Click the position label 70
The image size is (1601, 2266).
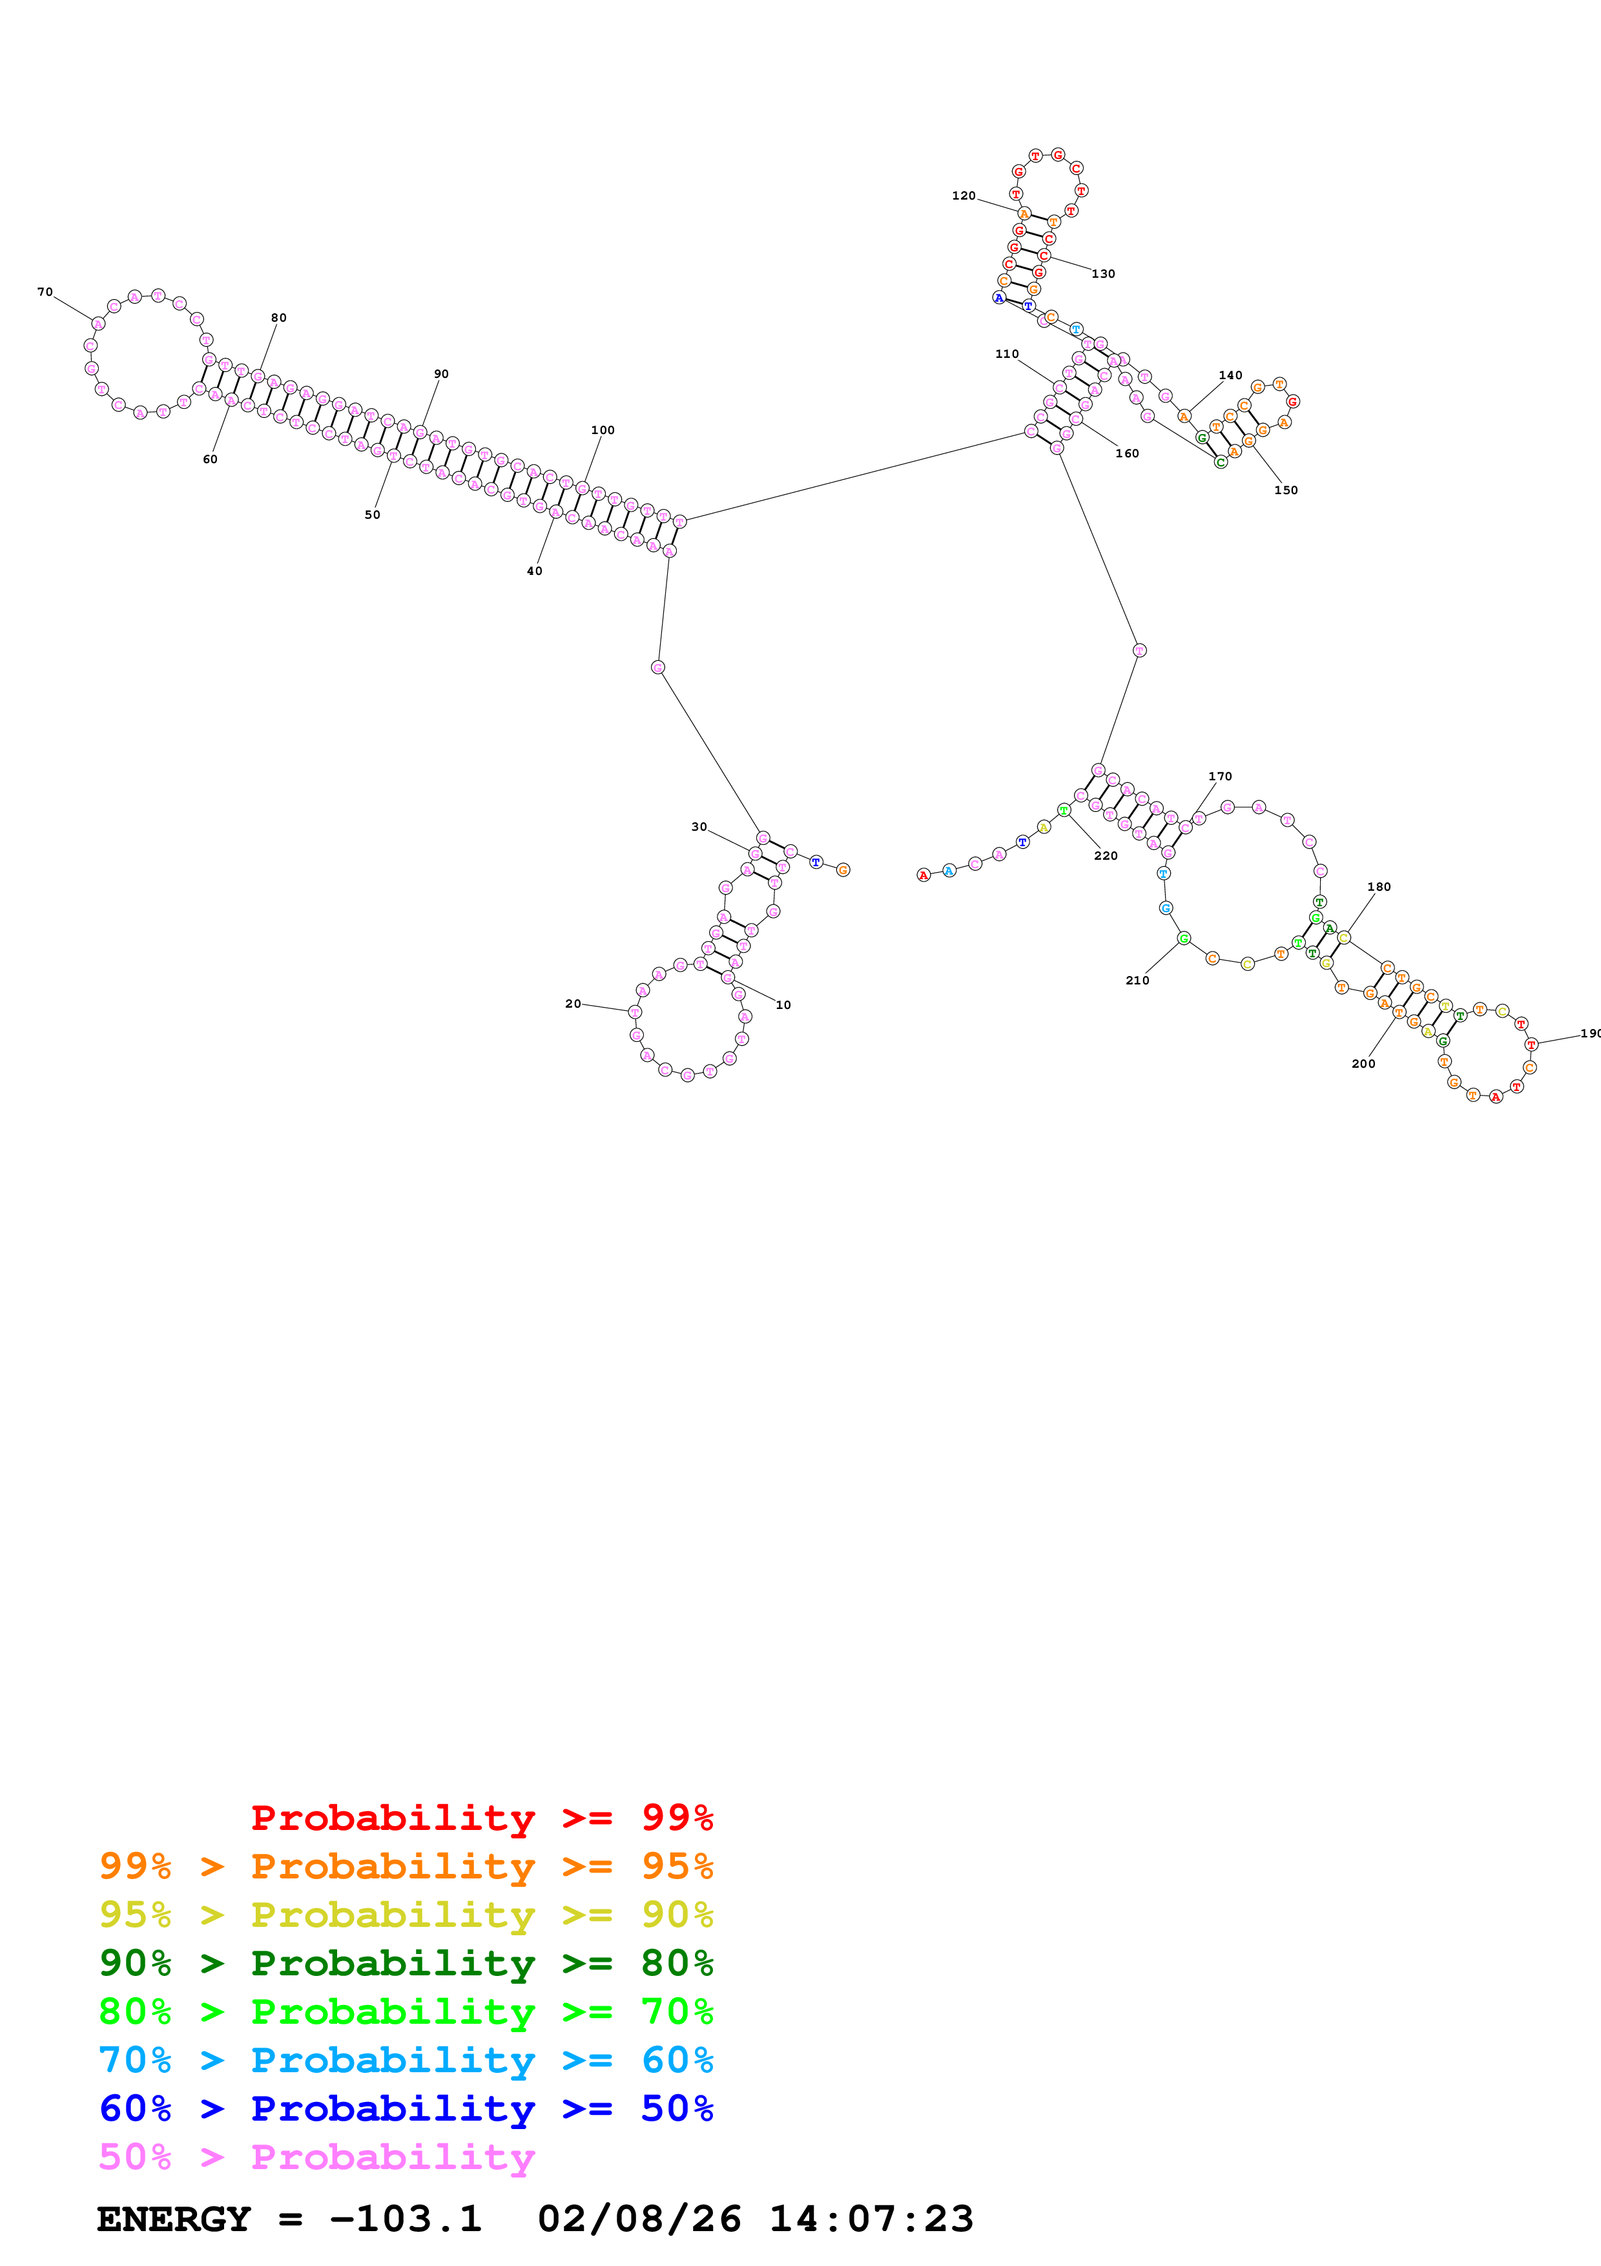coord(45,292)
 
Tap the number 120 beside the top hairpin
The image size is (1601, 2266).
coord(963,196)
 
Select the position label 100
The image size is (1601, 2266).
coord(603,430)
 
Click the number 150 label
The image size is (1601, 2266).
coord(1285,490)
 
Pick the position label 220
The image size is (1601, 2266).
coord(1106,856)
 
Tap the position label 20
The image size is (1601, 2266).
coord(572,1004)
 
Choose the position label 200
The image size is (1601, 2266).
coord(1362,1064)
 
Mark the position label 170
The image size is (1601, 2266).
coord(1219,776)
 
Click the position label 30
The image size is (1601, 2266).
coord(698,827)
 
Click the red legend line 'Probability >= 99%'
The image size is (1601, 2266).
coord(481,1817)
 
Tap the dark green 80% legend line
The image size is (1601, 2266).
coord(406,1963)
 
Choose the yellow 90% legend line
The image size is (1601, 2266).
coord(406,1914)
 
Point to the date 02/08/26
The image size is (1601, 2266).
coord(639,2219)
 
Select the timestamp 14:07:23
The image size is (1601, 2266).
coord(871,2219)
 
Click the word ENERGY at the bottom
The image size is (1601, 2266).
coord(174,2219)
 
